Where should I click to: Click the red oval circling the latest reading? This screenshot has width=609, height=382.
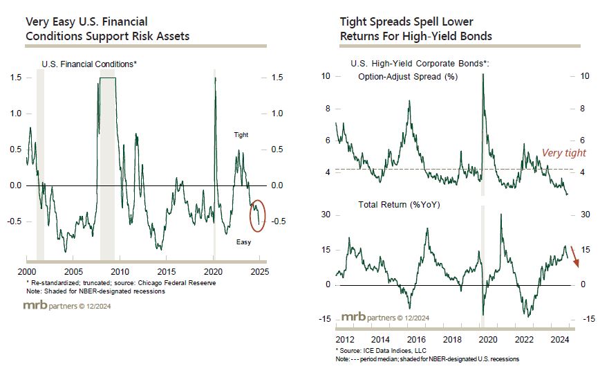tap(257, 215)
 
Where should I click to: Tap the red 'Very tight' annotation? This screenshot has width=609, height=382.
tap(563, 154)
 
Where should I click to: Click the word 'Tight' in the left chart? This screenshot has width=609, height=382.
tap(241, 135)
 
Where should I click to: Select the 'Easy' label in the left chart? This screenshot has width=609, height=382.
tap(243, 242)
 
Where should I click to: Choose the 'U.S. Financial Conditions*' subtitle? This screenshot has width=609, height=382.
tap(89, 64)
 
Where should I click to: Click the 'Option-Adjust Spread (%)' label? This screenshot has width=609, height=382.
tap(408, 77)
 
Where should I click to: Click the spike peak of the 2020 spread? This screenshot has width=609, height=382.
tap(482, 74)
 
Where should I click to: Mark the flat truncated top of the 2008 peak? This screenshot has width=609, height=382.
tap(108, 78)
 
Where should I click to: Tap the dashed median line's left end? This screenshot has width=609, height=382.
tap(336, 168)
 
